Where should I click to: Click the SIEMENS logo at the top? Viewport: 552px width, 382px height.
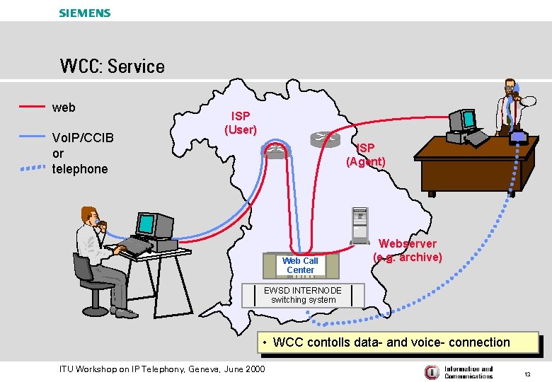point(85,13)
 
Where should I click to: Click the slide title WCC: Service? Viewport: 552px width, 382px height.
point(113,66)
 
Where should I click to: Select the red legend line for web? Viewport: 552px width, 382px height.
point(32,107)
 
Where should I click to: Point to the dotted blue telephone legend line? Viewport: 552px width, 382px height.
point(32,168)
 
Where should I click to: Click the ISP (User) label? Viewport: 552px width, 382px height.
point(241,123)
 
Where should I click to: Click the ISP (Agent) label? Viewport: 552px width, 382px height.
point(366,155)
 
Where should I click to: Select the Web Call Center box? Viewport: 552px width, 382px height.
point(301,265)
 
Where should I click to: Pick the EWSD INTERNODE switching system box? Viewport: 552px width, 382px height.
point(303,295)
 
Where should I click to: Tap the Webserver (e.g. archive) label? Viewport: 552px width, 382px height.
point(408,250)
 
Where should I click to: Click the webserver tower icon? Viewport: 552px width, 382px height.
point(360,226)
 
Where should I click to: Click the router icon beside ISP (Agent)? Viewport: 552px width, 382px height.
point(323,139)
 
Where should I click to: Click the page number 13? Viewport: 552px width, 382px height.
point(527,373)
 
